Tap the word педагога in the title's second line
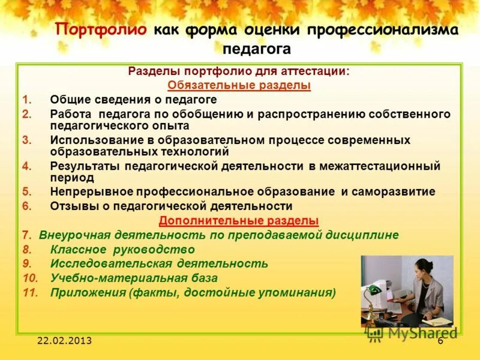click(x=256, y=49)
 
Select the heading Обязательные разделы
click(x=239, y=85)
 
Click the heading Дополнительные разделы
click(x=239, y=220)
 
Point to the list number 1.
click(x=26, y=100)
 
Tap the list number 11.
click(x=30, y=293)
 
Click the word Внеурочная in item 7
click(x=69, y=235)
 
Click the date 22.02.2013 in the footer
click(x=64, y=341)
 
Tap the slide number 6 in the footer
click(x=440, y=341)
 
